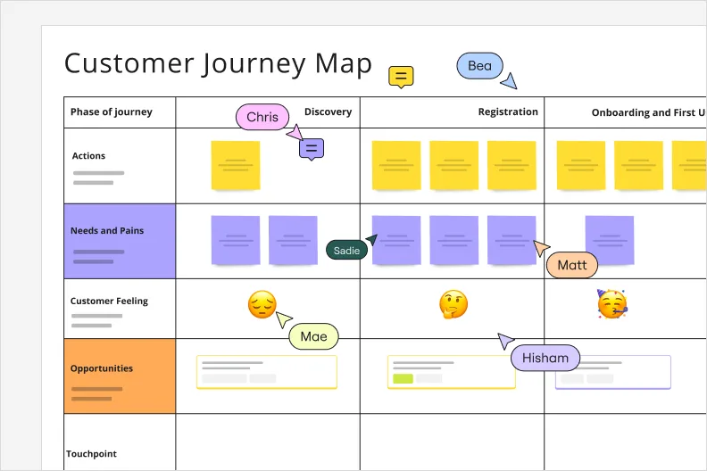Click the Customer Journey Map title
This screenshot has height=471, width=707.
tap(218, 64)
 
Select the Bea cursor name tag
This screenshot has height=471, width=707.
tap(479, 66)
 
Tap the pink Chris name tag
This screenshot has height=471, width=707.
tap(262, 117)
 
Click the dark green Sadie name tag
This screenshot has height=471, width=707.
tap(346, 251)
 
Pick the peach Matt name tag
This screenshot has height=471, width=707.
tap(571, 265)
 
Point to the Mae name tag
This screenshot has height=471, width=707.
tap(313, 336)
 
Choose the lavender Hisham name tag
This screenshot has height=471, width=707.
tap(545, 358)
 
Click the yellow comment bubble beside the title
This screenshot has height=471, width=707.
tap(401, 77)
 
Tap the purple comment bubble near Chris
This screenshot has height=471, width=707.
tap(311, 149)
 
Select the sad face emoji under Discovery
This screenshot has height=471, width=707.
tap(262, 306)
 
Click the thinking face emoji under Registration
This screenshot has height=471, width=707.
tap(453, 306)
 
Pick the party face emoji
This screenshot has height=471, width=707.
tap(611, 305)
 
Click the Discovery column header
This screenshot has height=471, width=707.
tap(328, 112)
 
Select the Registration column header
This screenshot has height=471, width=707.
tap(508, 112)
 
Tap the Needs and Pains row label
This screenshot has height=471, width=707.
tap(107, 231)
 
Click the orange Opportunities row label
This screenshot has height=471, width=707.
tap(102, 368)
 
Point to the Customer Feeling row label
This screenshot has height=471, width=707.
tap(109, 301)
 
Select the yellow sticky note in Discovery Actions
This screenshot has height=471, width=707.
tap(236, 165)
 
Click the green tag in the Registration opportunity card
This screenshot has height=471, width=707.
tap(403, 378)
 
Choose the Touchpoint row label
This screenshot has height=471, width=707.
tap(91, 454)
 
